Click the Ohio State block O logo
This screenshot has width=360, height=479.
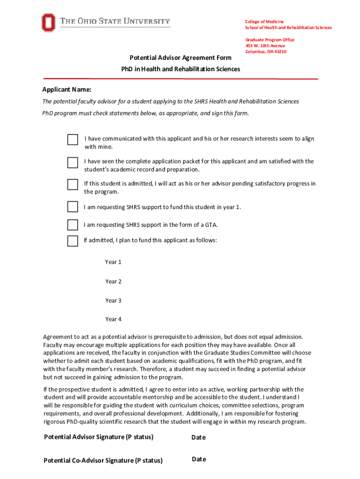pyautogui.click(x=48, y=22)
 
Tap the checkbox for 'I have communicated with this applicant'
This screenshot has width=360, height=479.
pyautogui.click(x=72, y=140)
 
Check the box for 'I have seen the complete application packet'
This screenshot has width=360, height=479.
pyautogui.click(x=72, y=162)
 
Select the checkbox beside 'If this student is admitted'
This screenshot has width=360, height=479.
pyautogui.click(x=72, y=184)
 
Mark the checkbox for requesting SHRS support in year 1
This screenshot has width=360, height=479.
pyautogui.click(x=72, y=207)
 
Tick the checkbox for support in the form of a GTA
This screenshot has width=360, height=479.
pyautogui.click(x=72, y=225)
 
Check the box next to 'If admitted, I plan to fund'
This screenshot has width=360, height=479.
pyautogui.click(x=72, y=241)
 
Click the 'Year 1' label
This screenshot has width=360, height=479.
pyautogui.click(x=113, y=262)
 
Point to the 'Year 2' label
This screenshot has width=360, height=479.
pyautogui.click(x=113, y=282)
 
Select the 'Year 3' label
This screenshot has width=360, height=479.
pyautogui.click(x=113, y=301)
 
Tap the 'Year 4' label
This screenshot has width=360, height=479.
pyautogui.click(x=113, y=319)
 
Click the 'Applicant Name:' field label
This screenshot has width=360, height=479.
pyautogui.click(x=67, y=89)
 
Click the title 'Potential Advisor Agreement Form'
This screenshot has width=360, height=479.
pyautogui.click(x=180, y=58)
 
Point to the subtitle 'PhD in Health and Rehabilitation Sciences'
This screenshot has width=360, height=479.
pyautogui.click(x=180, y=69)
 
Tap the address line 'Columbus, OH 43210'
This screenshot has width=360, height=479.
pyautogui.click(x=266, y=51)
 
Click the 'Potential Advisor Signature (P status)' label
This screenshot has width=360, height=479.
pyautogui.click(x=99, y=437)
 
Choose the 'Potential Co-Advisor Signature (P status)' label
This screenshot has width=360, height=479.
pyautogui.click(x=103, y=460)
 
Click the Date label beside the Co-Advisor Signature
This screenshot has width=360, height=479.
pyautogui.click(x=199, y=459)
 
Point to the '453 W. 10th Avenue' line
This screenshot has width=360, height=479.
pyautogui.click(x=265, y=46)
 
